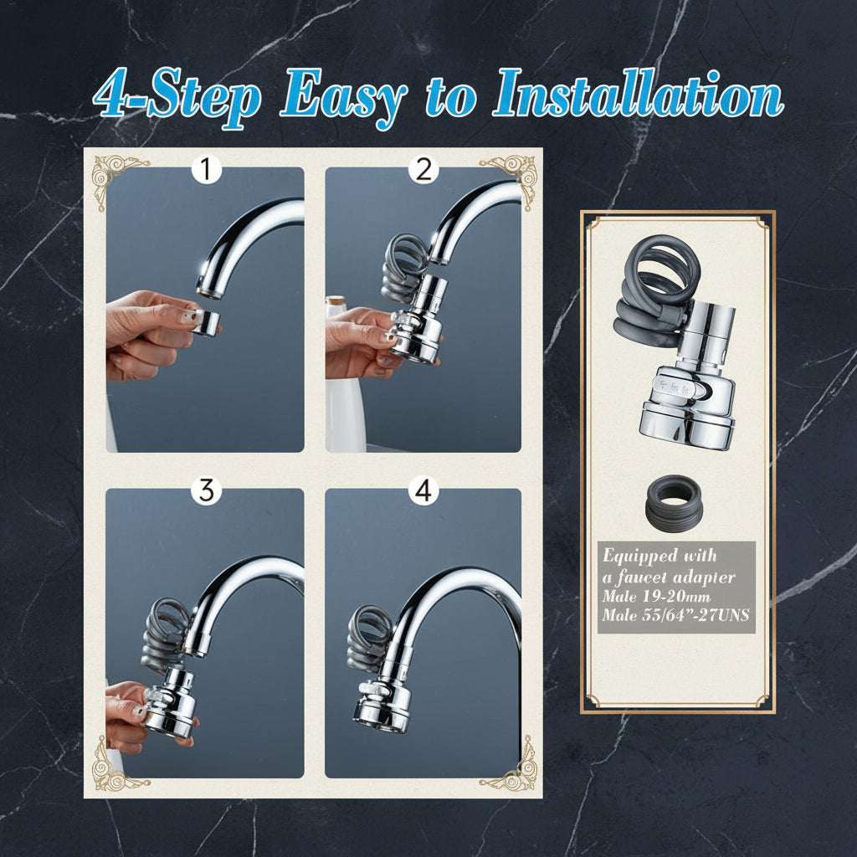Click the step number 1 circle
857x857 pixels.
pyautogui.click(x=206, y=170)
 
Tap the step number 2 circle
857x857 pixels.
pyautogui.click(x=423, y=170)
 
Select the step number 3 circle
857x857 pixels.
pyautogui.click(x=206, y=490)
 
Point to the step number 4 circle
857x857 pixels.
pyautogui.click(x=423, y=490)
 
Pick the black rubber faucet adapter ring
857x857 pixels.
pyautogui.click(x=673, y=503)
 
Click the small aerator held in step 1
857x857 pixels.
pyautogui.click(x=206, y=322)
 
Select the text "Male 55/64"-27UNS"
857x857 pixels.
pyautogui.click(x=675, y=615)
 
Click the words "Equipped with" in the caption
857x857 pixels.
pyautogui.click(x=659, y=557)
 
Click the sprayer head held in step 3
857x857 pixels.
pyautogui.click(x=169, y=702)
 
